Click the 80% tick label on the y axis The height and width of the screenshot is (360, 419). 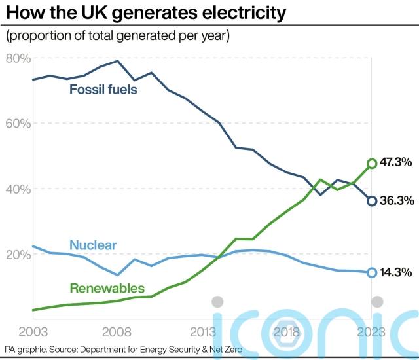tap(18, 58)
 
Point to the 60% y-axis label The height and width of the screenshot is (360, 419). tap(18, 124)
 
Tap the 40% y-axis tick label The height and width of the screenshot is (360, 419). tap(18, 189)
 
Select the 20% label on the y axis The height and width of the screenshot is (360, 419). tap(18, 254)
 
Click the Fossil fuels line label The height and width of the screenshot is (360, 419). tap(103, 89)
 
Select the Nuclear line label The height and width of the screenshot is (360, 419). tap(93, 245)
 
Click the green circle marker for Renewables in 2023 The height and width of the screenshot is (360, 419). tap(372, 163)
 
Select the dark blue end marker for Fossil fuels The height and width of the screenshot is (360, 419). tap(372, 201)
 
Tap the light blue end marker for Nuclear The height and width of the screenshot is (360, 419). tap(372, 272)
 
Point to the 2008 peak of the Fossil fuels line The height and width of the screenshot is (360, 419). tap(117, 61)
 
